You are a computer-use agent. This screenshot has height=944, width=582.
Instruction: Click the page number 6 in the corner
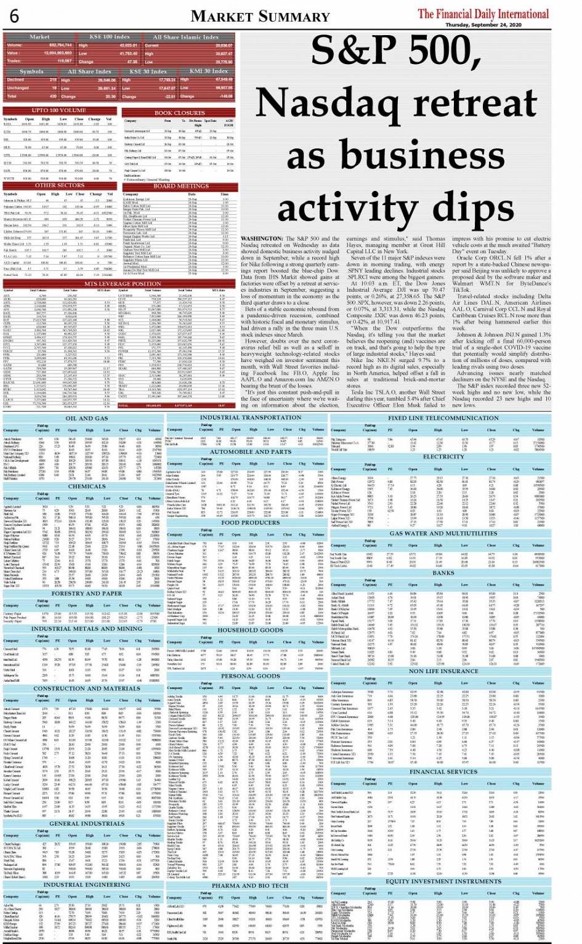14,15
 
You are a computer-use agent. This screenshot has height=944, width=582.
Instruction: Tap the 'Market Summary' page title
260,17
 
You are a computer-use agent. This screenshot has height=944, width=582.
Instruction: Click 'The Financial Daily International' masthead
483,14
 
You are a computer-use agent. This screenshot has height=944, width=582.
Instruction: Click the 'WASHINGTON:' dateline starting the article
262,238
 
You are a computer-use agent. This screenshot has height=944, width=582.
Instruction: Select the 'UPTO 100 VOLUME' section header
59,110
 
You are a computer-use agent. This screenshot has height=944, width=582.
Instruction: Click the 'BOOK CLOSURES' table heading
179,113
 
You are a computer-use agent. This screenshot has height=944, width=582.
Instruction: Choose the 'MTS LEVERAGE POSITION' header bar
121,284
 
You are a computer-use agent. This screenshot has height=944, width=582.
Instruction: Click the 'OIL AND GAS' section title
87,419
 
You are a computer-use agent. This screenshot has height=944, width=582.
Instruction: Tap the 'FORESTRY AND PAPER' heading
86,594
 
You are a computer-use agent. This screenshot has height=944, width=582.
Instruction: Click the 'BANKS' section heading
443,573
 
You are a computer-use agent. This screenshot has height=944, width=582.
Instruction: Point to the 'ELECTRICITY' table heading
443,457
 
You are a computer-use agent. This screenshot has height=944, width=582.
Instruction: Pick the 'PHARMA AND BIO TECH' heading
249,886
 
